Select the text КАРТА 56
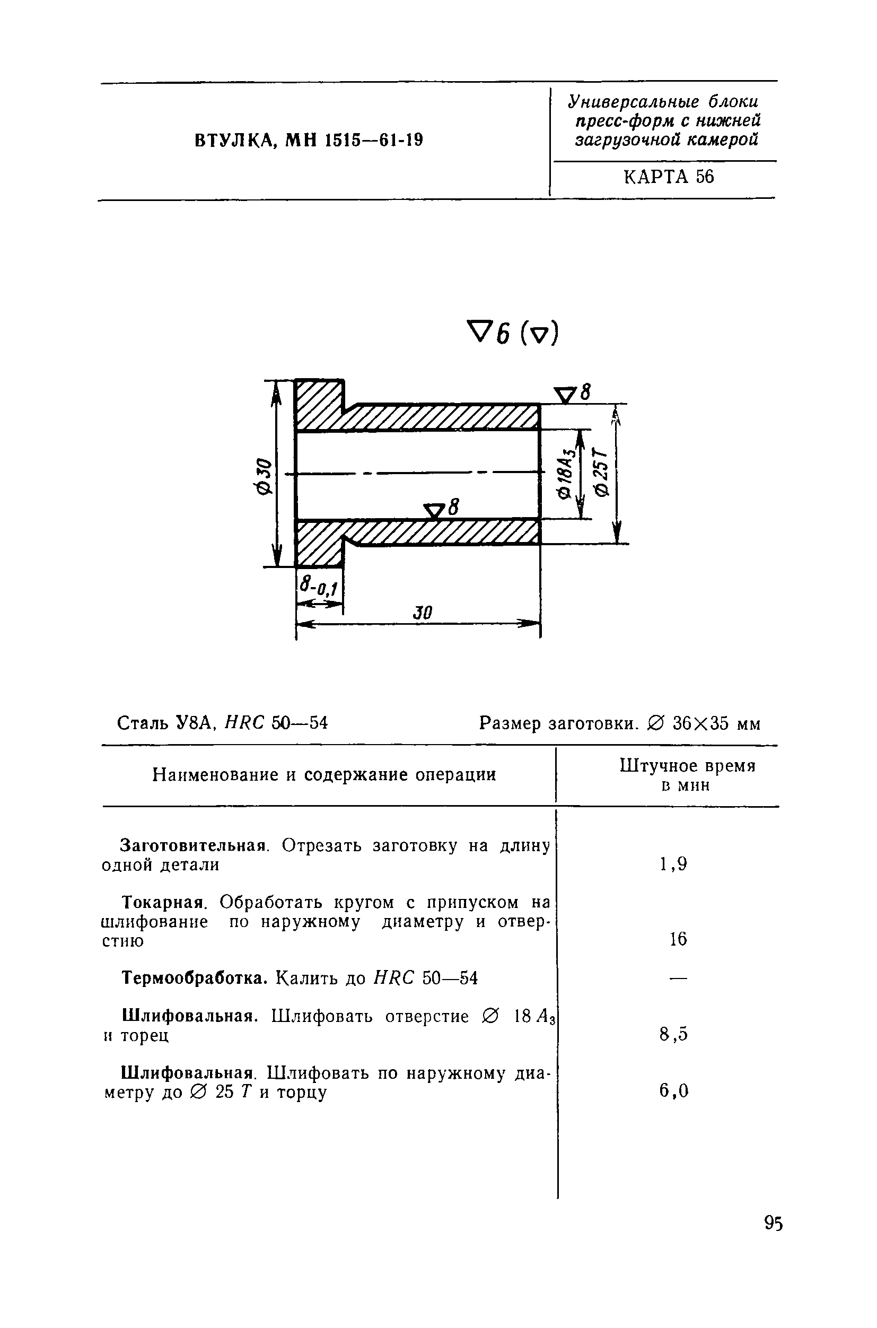[669, 177]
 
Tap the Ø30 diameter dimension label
[264, 476]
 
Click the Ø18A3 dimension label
[566, 473]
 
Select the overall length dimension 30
[423, 613]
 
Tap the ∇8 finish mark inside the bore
[441, 509]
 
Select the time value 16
[678, 939]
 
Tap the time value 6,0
[673, 1090]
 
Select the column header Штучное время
[687, 766]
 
